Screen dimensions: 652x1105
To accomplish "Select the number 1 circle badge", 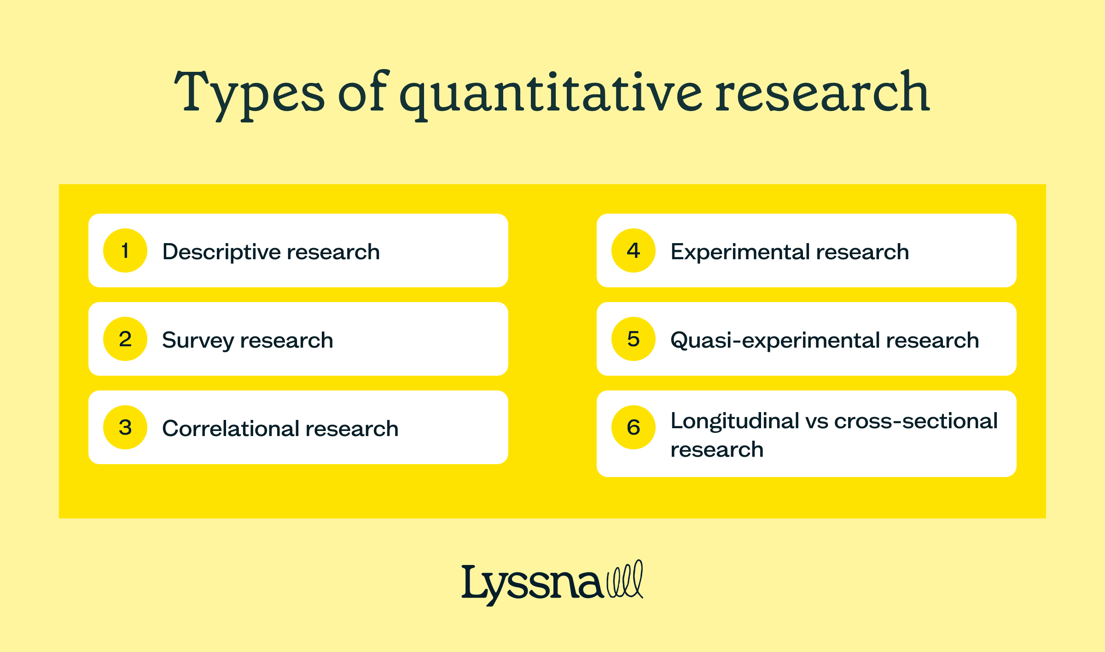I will [x=125, y=250].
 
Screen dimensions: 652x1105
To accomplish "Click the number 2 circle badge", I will [x=125, y=339].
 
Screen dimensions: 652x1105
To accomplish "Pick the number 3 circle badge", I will [x=125, y=427].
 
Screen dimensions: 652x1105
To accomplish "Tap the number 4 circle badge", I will [x=634, y=250].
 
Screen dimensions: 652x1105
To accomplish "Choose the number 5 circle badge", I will [x=634, y=339].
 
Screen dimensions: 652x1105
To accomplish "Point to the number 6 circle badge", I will [x=634, y=427].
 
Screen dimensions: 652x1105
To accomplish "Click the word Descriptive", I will [x=221, y=252].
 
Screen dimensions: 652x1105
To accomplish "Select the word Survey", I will [x=198, y=341].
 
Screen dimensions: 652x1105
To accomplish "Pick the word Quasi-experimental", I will [x=774, y=341].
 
